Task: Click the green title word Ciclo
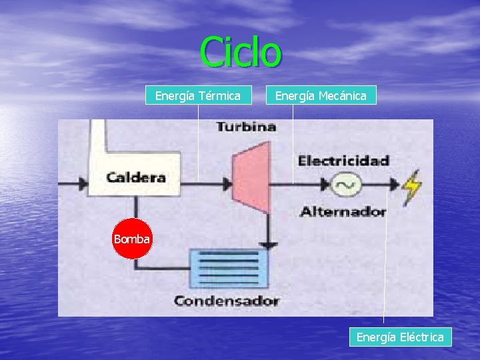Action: tap(241, 52)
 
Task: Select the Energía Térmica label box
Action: tap(198, 96)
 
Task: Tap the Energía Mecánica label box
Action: tap(321, 96)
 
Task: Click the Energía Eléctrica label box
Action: tap(400, 337)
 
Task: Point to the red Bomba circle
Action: tap(132, 238)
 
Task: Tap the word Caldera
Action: tap(136, 178)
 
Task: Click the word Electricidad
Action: tap(343, 161)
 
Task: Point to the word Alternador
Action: tap(343, 212)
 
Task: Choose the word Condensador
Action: tap(226, 301)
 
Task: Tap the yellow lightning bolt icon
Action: tap(413, 187)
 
